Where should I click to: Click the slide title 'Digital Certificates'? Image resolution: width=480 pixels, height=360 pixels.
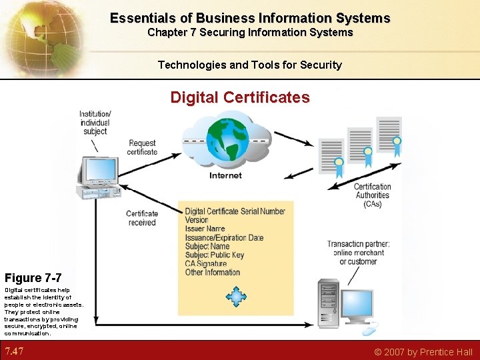pyautogui.click(x=240, y=97)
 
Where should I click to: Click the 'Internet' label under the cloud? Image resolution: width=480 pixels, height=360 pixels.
pyautogui.click(x=225, y=175)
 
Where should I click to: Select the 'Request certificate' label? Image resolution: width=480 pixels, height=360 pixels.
pyautogui.click(x=143, y=147)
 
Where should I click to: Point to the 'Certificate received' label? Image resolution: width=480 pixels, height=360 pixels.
pyautogui.click(x=141, y=218)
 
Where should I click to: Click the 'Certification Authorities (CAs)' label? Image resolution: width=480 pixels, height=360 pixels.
pyautogui.click(x=373, y=195)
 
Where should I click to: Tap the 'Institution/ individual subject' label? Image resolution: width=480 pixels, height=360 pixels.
pyautogui.click(x=94, y=122)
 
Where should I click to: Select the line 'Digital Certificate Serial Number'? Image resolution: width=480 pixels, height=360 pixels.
pyautogui.click(x=235, y=211)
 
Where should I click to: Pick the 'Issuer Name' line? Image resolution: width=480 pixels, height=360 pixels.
pyautogui.click(x=205, y=229)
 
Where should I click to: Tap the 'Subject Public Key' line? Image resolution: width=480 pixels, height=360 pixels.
pyautogui.click(x=215, y=255)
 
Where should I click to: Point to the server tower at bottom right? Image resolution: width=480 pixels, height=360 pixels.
pyautogui.click(x=329, y=304)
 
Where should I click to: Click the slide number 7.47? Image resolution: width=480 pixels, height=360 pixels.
pyautogui.click(x=15, y=351)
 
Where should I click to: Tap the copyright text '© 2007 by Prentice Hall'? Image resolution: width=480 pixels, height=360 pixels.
pyautogui.click(x=423, y=352)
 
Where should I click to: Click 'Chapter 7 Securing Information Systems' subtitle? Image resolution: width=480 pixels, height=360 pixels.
pyautogui.click(x=250, y=32)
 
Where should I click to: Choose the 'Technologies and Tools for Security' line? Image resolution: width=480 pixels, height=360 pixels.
pyautogui.click(x=249, y=65)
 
